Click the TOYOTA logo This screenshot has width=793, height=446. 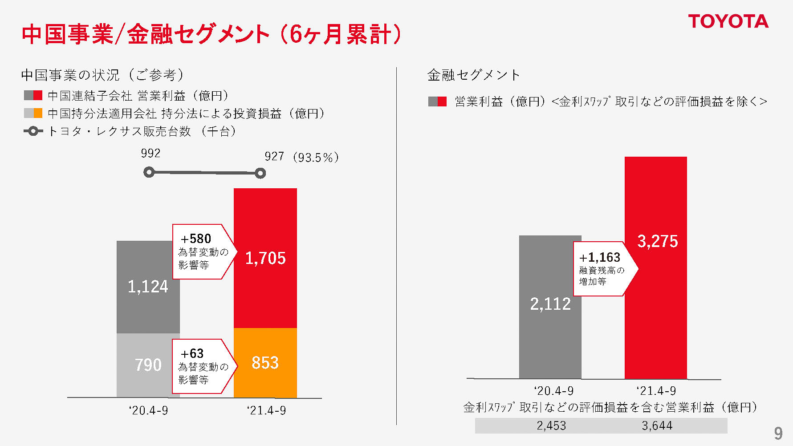pos(728,21)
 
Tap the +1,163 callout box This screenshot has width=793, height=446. pos(602,269)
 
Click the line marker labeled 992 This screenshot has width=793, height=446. pos(149,172)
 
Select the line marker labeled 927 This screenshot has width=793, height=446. pos(260,173)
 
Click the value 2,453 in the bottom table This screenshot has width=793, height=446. pos(551,426)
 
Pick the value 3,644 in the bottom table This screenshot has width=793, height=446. pos(657,426)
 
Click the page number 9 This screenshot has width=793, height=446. pos(778,433)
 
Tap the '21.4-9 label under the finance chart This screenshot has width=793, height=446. pos(656,391)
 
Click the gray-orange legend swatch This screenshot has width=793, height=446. pos(33,113)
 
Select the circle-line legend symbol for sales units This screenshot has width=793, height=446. pos(33,131)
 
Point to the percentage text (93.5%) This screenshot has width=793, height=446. pos(316,158)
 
